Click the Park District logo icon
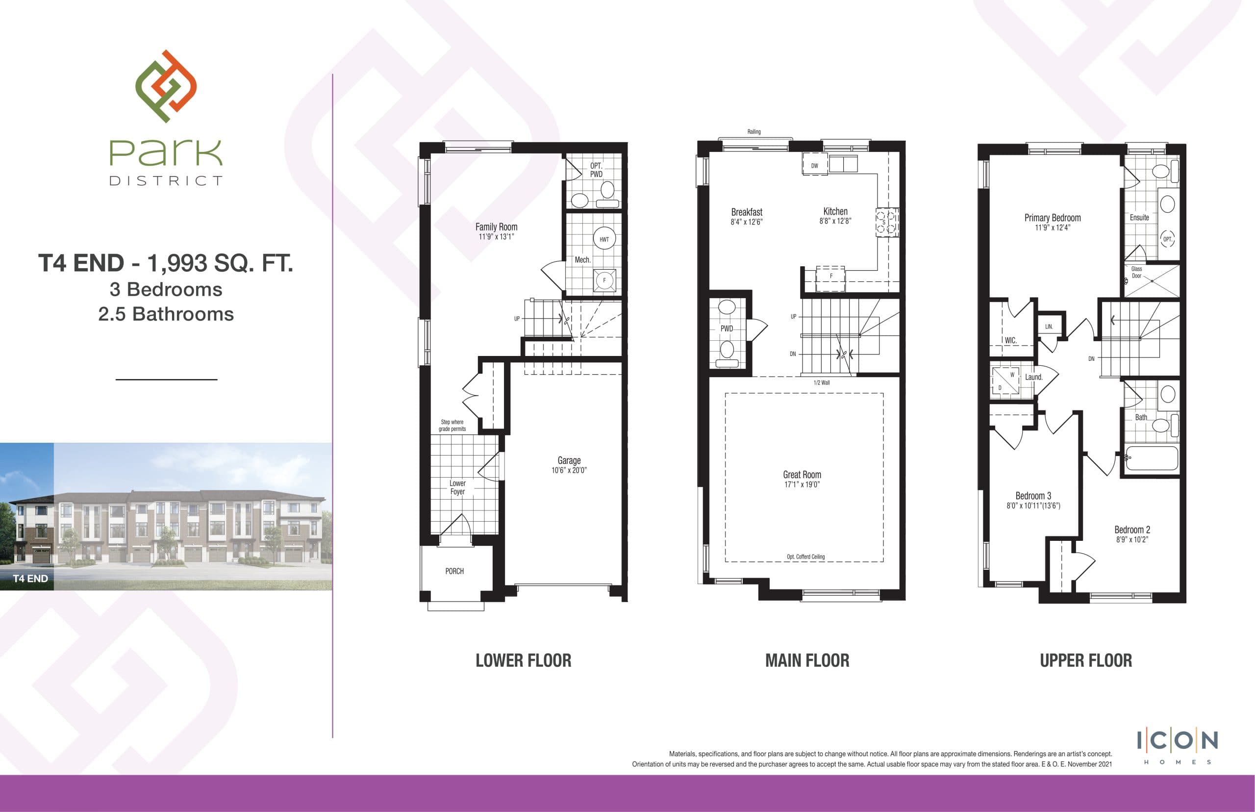[x=166, y=86]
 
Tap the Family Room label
[x=496, y=227]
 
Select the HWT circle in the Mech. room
[x=604, y=239]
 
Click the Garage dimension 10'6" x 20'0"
[x=569, y=470]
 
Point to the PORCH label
[x=454, y=571]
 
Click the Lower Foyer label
[x=457, y=487]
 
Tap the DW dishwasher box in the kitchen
[x=814, y=166]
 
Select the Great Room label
[x=802, y=475]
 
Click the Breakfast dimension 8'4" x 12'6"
[x=746, y=222]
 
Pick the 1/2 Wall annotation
[x=821, y=383]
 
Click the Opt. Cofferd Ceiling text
[x=805, y=557]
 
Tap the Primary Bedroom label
[x=1052, y=218]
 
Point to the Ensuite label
[x=1139, y=217]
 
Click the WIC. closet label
[x=1010, y=341]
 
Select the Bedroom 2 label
[x=1131, y=530]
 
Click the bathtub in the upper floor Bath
[x=1151, y=458]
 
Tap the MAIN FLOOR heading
[x=807, y=660]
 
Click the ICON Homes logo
[x=1177, y=745]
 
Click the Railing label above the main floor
[x=754, y=132]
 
